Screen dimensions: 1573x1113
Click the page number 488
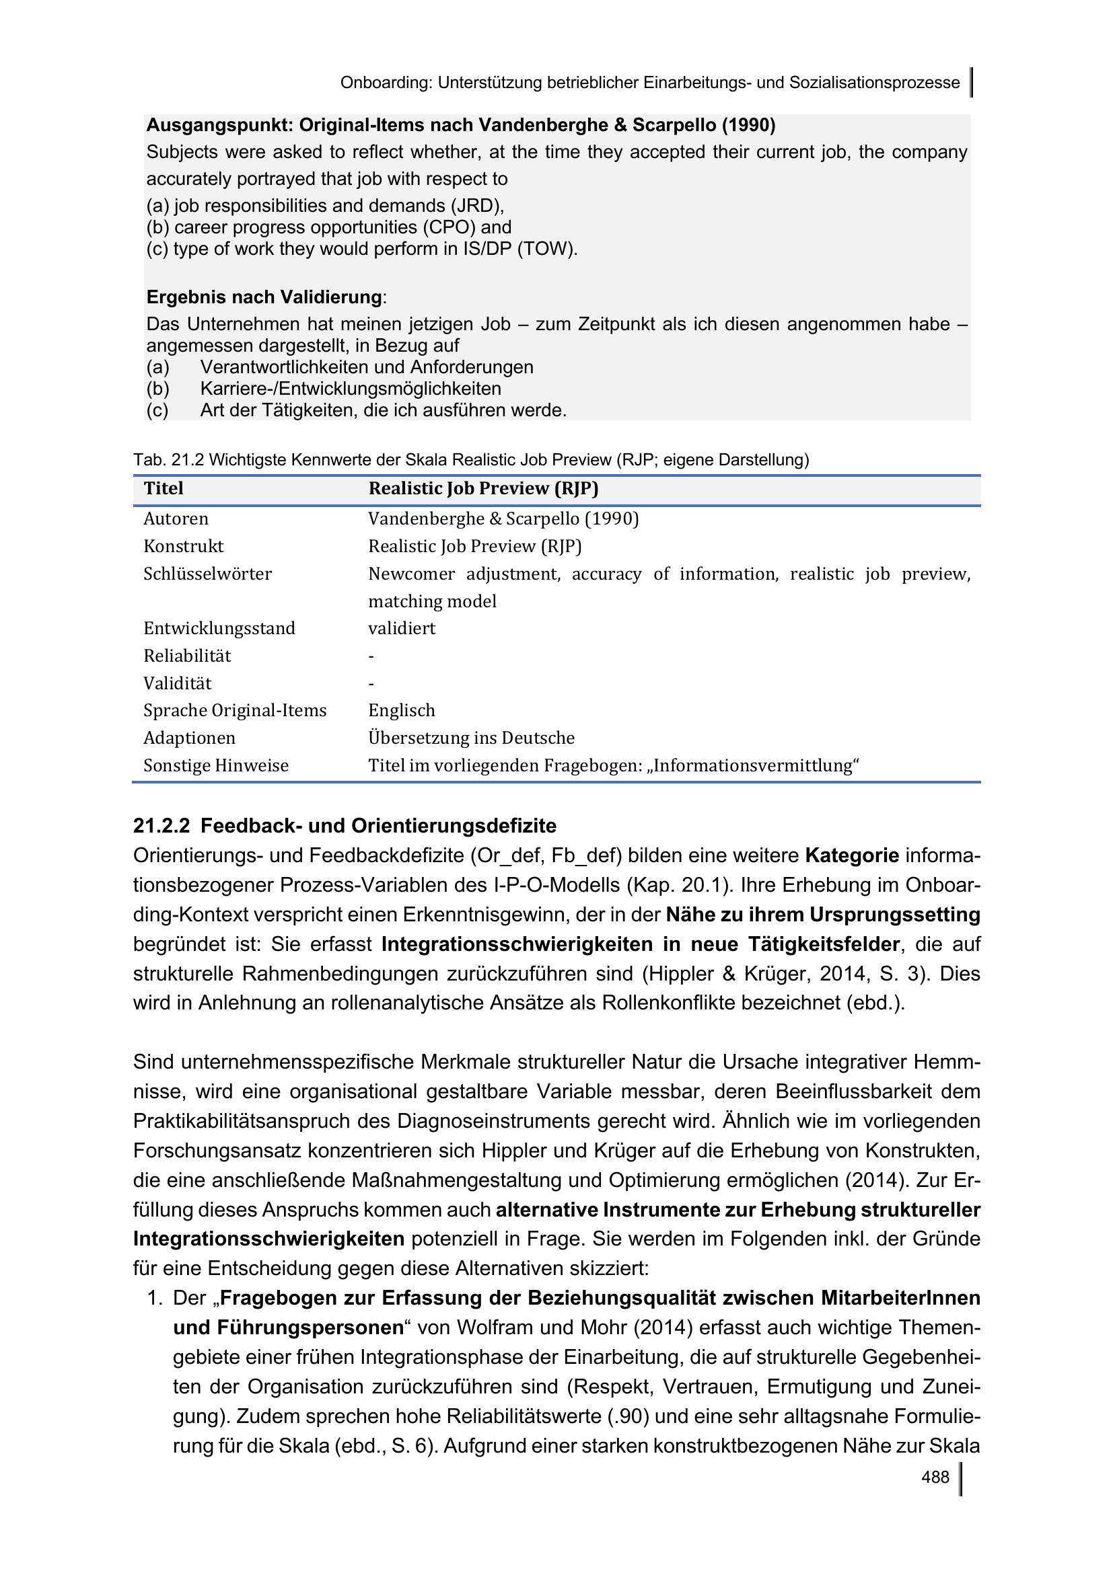coord(935,1476)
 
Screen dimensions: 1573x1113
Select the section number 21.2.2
coord(161,826)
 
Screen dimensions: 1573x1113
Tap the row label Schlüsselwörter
coord(208,574)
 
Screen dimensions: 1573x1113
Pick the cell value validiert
coord(402,628)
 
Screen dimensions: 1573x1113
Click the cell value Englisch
coord(402,710)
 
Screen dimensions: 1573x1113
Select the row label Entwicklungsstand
coord(219,628)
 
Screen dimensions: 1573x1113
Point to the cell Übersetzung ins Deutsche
coord(472,738)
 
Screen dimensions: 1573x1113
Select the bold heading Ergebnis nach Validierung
coord(264,297)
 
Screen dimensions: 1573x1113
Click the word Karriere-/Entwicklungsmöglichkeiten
coord(350,389)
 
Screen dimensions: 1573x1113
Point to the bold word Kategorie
coord(852,855)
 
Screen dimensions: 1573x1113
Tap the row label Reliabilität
coord(187,656)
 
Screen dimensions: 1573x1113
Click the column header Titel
coord(164,488)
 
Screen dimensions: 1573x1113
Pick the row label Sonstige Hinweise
coord(216,765)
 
